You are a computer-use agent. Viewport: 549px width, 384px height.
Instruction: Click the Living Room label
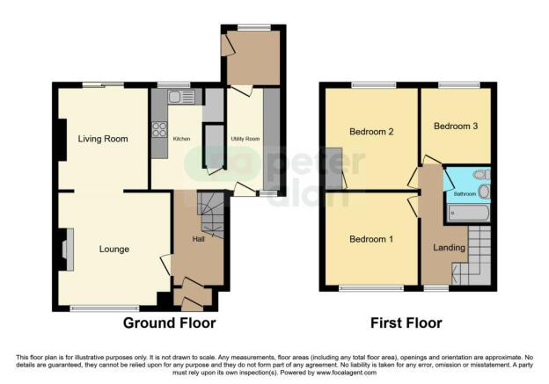[x=103, y=139]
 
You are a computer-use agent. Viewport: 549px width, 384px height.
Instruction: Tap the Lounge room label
[x=114, y=250]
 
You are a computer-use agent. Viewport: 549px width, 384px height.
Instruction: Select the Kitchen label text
[x=181, y=139]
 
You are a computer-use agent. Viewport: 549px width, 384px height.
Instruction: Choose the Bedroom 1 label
[x=370, y=239]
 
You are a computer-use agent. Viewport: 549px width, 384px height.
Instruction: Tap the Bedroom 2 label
[x=370, y=132]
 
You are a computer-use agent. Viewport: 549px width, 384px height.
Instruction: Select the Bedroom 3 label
[x=456, y=127]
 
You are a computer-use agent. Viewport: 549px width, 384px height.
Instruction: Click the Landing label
[x=449, y=248]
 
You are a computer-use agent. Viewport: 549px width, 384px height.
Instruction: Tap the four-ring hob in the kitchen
[x=160, y=131]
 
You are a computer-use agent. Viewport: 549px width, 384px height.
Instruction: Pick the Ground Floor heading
[x=168, y=322]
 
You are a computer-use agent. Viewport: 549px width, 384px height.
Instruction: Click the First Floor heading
[x=406, y=322]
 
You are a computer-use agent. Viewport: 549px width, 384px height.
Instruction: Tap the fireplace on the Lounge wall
[x=66, y=249]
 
